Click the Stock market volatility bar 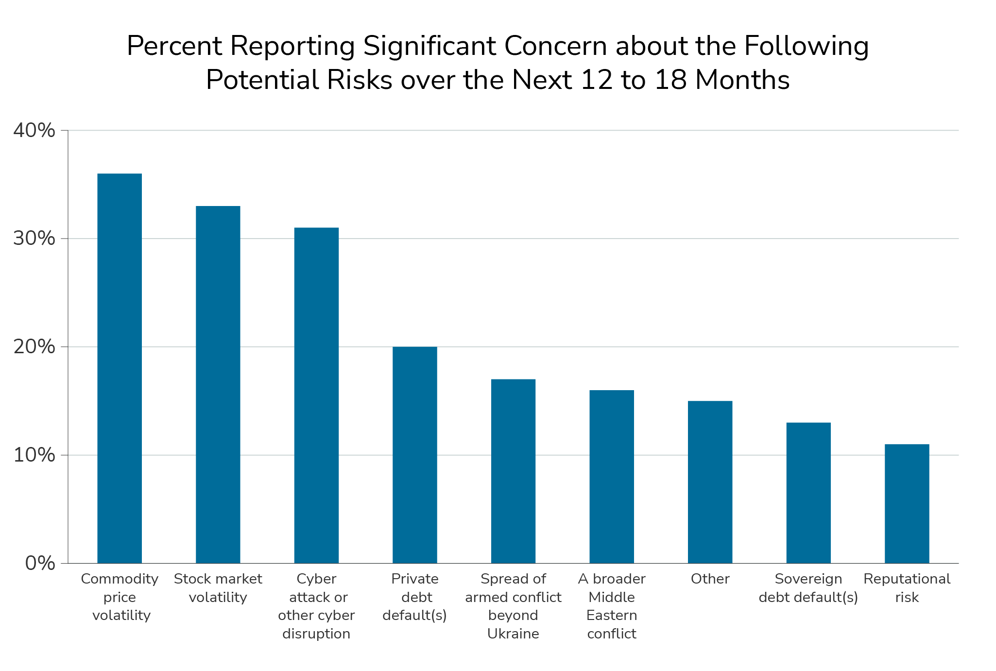tap(218, 384)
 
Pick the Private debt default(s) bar tap(414, 455)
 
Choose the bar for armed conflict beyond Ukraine tap(513, 471)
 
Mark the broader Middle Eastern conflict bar tap(612, 476)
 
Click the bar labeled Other tap(710, 482)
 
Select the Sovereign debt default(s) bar tap(808, 493)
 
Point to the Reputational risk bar tap(907, 503)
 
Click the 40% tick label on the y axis tap(34, 130)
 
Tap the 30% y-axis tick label tap(34, 239)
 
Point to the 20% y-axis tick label tap(34, 347)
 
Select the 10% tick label tap(34, 455)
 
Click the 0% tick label tap(40, 564)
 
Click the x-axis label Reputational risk tap(907, 588)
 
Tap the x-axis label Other tap(710, 579)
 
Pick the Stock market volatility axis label tap(218, 588)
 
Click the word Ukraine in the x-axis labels tap(513, 634)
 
